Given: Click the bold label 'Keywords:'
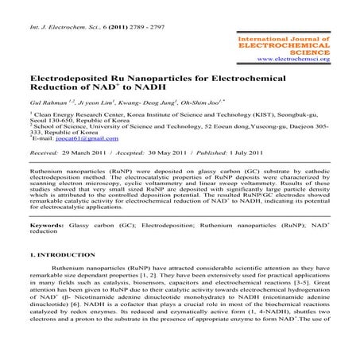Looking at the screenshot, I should (x=25, y=226).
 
